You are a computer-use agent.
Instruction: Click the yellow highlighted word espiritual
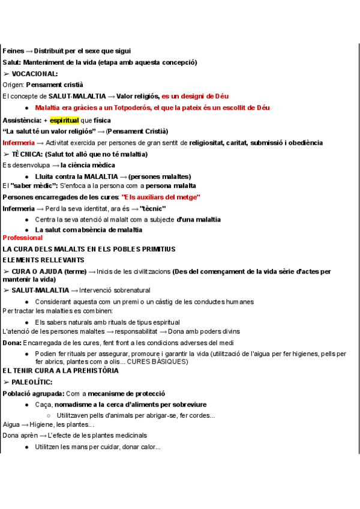(x=64, y=119)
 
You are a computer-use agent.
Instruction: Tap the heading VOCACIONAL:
(x=35, y=73)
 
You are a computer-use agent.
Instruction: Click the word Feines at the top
(x=13, y=51)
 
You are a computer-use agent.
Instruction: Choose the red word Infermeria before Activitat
(x=19, y=143)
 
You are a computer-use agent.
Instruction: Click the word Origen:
(x=13, y=85)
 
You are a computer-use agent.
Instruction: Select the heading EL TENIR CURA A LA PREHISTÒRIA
(x=61, y=370)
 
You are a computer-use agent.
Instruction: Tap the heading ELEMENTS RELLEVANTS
(x=44, y=260)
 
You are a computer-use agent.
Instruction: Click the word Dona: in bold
(x=12, y=343)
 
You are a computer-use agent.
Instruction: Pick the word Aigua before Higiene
(x=11, y=424)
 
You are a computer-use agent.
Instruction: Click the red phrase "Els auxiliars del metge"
(x=161, y=197)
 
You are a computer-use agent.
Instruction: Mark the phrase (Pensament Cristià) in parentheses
(x=137, y=131)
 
